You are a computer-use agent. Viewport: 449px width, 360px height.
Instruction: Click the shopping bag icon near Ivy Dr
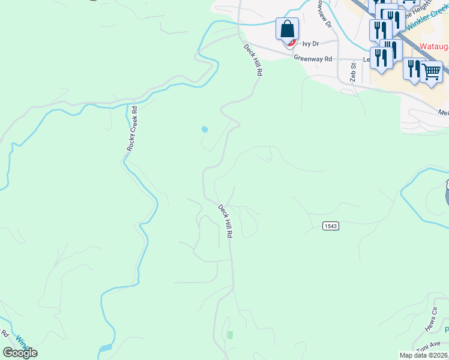288,29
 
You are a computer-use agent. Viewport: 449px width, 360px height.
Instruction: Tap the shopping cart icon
432,71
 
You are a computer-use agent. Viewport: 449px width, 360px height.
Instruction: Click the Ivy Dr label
310,44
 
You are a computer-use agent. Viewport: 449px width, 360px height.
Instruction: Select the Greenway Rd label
313,59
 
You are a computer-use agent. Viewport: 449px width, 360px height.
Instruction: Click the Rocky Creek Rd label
133,129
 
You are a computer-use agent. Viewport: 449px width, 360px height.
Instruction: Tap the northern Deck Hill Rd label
253,59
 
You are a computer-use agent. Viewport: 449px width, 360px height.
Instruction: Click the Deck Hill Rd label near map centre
225,221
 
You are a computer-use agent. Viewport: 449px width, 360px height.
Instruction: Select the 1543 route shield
331,226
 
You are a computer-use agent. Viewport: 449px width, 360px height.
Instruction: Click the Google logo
20,353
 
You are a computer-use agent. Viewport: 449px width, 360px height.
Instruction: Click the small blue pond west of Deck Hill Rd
205,129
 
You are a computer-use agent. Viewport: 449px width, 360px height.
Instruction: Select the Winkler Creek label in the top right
426,25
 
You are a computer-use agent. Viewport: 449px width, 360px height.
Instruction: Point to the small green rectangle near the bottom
230,334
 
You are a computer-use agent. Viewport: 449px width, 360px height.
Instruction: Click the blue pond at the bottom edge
105,348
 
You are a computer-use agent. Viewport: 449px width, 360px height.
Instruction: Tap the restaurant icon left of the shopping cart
413,68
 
